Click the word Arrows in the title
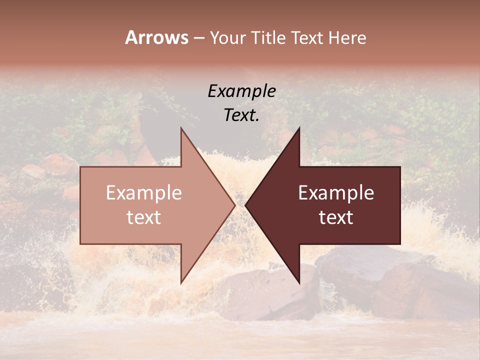tap(156, 37)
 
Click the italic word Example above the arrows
tap(242, 91)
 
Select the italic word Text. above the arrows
tap(242, 115)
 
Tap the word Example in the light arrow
tap(144, 193)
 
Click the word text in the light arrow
tap(144, 217)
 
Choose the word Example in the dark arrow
tap(336, 193)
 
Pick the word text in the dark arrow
tap(336, 217)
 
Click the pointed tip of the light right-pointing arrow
tap(234, 205)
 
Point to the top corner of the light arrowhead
tap(181, 128)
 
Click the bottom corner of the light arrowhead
tap(181, 282)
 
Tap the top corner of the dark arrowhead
tap(299, 128)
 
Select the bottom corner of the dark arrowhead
tap(299, 282)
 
